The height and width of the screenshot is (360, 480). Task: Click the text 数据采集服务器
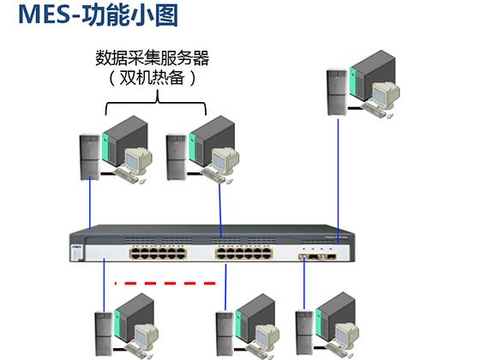pos(153,57)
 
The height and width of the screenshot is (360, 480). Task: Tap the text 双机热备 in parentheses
pos(153,77)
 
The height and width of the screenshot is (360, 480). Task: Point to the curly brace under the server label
pos(156,103)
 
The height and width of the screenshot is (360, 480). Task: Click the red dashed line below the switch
pos(165,284)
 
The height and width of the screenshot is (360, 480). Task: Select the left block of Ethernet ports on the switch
pos(159,253)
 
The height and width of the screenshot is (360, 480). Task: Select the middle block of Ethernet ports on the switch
pos(244,253)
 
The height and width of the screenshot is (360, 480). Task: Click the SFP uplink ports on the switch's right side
pos(317,256)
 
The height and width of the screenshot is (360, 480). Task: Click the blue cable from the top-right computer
pos(339,181)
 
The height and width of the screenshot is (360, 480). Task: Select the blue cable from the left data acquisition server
pos(90,204)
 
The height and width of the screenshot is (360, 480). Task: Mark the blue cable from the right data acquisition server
pos(220,210)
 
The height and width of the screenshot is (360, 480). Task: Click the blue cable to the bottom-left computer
pos(104,285)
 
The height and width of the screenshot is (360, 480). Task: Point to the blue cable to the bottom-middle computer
pos(225,287)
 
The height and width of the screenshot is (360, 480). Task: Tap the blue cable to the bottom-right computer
pos(304,284)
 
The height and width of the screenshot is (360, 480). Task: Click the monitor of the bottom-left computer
pos(146,336)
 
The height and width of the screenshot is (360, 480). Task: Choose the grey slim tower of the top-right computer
pos(337,93)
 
